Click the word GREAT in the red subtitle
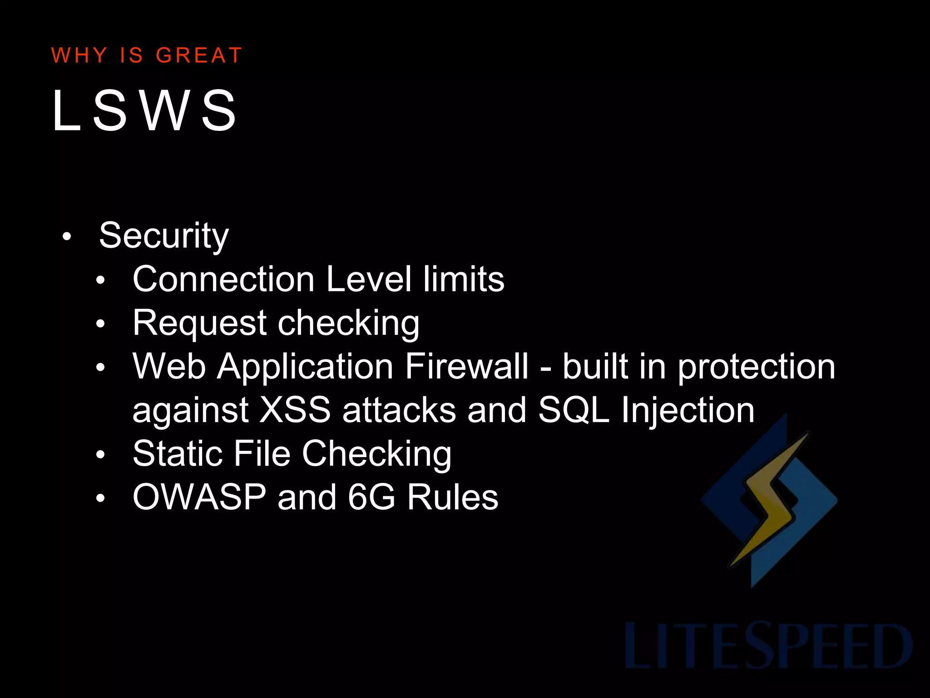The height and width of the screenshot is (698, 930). (x=198, y=55)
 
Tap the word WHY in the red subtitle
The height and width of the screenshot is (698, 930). (x=79, y=55)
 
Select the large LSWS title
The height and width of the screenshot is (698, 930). (x=144, y=110)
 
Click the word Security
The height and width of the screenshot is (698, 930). (x=164, y=236)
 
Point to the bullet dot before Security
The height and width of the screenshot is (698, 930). (x=67, y=237)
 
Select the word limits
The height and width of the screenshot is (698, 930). (x=464, y=279)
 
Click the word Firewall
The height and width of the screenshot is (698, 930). (x=467, y=366)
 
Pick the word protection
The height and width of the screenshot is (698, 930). (x=757, y=367)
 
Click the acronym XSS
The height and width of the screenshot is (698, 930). (x=295, y=410)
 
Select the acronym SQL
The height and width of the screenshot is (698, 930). (x=574, y=410)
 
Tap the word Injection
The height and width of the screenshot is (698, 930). (x=688, y=411)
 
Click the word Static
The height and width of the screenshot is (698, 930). (x=177, y=454)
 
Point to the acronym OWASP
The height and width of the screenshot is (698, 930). (x=199, y=497)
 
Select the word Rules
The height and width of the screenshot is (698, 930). (x=452, y=497)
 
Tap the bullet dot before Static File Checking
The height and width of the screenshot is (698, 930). (x=100, y=454)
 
